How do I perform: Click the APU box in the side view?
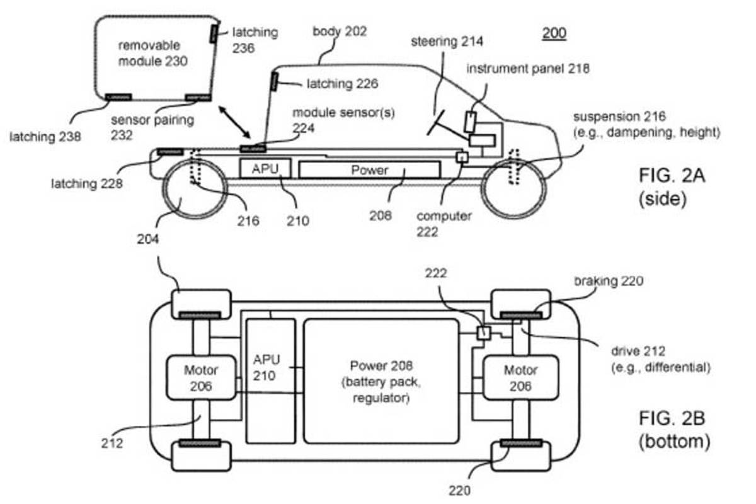265,168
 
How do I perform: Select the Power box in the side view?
370,170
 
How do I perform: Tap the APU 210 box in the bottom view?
271,381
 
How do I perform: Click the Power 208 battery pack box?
381,381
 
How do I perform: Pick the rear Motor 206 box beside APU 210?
201,378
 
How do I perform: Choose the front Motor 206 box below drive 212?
520,378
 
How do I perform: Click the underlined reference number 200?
554,33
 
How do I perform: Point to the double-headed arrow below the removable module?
234,122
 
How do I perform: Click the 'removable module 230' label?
152,54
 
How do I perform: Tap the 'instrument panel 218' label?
528,69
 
